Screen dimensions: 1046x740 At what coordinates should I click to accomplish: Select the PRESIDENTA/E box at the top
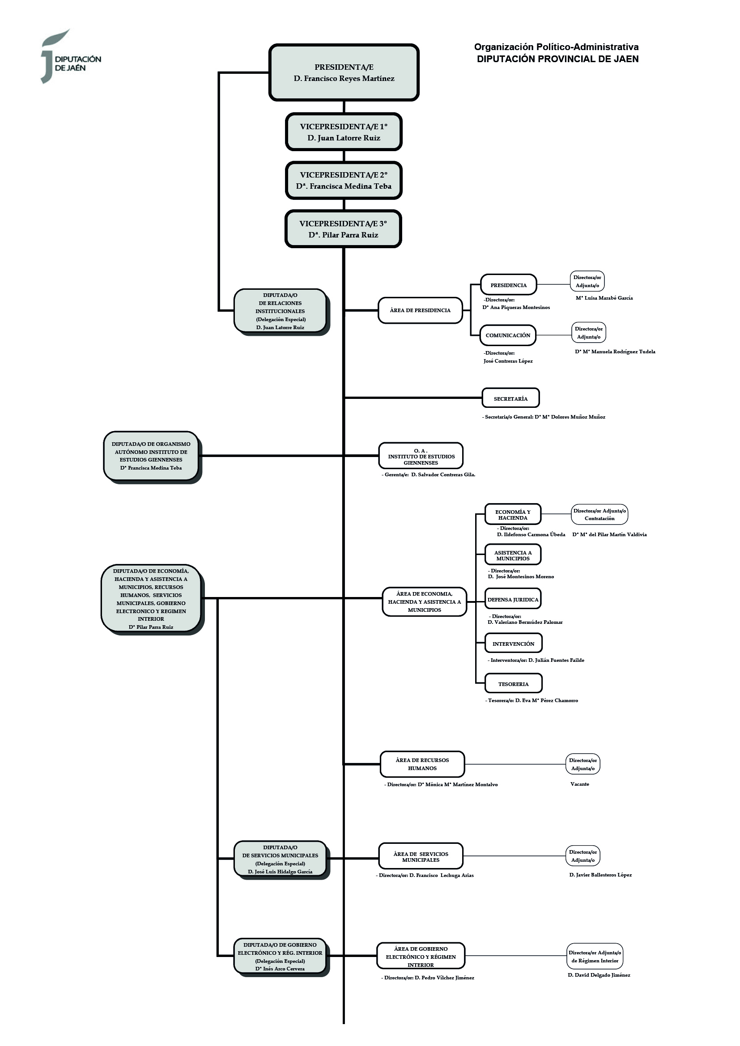(344, 72)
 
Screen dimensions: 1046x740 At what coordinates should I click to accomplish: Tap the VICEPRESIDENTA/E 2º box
(344, 180)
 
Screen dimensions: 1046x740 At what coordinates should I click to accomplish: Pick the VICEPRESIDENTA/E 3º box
(343, 229)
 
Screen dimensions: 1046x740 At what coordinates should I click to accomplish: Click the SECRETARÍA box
(510, 398)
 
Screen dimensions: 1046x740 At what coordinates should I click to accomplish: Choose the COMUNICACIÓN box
(508, 335)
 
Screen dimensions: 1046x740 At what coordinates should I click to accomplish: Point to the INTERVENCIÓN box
(514, 644)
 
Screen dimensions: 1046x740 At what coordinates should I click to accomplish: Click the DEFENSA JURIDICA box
(513, 600)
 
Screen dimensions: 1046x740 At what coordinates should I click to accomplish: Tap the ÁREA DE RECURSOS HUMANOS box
(422, 764)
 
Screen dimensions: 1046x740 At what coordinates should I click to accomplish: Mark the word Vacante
(579, 784)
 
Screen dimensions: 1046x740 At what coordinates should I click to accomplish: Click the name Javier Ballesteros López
(600, 875)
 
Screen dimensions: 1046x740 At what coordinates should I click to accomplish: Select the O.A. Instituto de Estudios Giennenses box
(421, 457)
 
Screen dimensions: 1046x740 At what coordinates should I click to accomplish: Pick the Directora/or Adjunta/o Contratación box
(600, 515)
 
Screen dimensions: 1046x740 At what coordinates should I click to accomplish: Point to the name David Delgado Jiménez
(599, 975)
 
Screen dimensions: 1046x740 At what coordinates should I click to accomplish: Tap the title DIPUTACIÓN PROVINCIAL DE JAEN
(557, 59)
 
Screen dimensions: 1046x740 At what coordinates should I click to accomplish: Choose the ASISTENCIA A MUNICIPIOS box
(513, 555)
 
